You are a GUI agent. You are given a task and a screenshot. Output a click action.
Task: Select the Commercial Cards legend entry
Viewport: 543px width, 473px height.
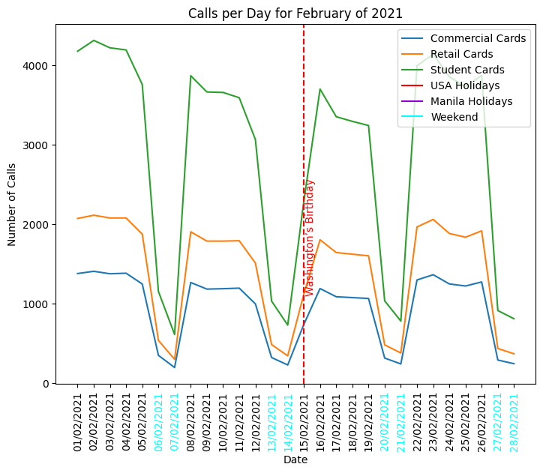(x=478, y=38)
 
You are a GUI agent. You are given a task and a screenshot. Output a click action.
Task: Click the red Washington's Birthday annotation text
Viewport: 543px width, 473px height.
(x=310, y=238)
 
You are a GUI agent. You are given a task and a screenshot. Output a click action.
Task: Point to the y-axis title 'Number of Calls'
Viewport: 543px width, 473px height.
(x=12, y=205)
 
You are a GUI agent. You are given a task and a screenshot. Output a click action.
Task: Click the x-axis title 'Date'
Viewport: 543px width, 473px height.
(x=295, y=460)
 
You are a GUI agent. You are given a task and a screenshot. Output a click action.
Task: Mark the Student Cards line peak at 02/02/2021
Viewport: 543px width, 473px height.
(x=94, y=40)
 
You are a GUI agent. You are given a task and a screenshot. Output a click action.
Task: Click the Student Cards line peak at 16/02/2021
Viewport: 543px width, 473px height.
(x=320, y=89)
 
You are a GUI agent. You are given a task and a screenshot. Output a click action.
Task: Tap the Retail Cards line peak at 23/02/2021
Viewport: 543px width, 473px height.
(x=433, y=220)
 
